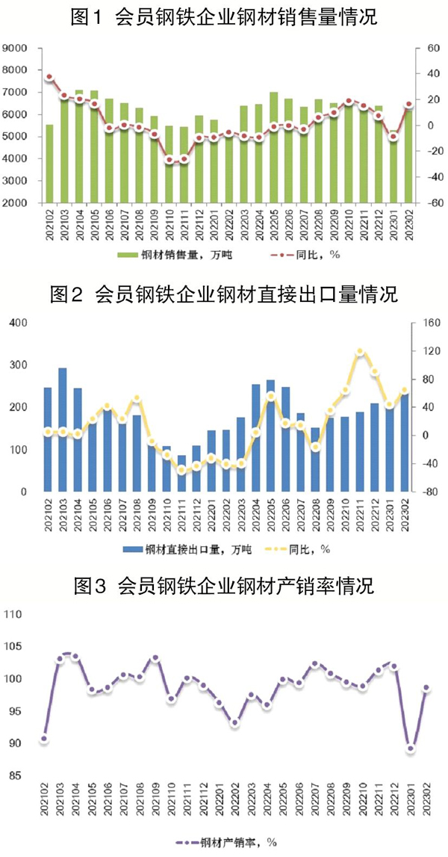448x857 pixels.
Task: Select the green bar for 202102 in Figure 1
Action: click(x=49, y=164)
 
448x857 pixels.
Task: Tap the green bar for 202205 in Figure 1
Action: click(x=274, y=147)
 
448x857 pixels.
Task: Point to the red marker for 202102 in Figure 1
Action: click(x=49, y=77)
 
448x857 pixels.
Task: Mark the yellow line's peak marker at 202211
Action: click(x=360, y=352)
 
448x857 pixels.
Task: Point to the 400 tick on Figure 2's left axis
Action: click(x=17, y=323)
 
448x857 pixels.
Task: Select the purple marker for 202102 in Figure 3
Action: click(x=44, y=739)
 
